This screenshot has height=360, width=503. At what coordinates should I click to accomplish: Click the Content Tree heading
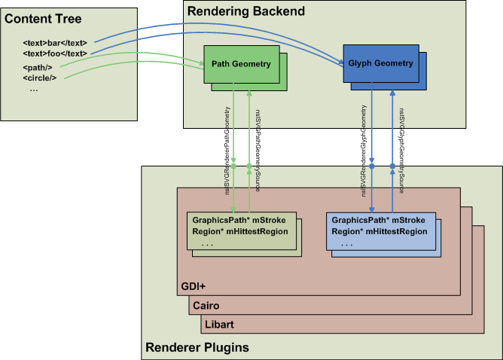pos(43,18)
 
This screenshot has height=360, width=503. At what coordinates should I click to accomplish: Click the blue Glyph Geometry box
pos(380,64)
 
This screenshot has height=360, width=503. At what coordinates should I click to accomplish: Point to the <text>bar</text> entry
pos(55,44)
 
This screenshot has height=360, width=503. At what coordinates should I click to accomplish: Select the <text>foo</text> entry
pos(55,54)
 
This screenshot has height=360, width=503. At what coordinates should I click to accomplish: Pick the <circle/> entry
pos(40,78)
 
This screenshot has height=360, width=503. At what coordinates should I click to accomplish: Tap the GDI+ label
pos(194,287)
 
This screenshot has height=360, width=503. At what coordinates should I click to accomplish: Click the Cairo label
pos(207,306)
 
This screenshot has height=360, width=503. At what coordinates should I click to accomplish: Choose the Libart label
pos(219,324)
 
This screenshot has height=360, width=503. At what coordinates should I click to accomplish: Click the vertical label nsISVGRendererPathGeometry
pos(227,151)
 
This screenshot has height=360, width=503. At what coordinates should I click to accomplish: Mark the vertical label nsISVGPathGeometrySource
pos(258,151)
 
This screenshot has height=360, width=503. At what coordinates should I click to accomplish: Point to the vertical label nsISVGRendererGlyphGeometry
pos(364,151)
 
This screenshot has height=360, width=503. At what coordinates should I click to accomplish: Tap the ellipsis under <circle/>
pos(34,89)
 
